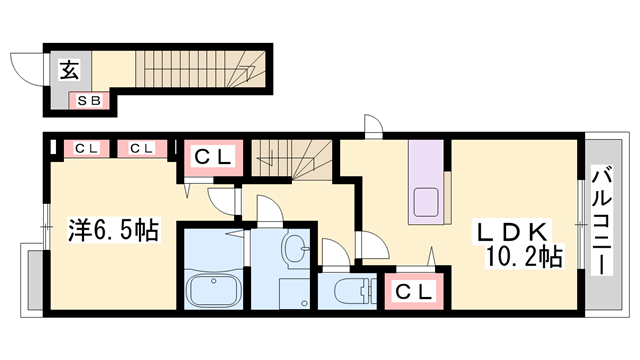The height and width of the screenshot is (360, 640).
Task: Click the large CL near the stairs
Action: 213,157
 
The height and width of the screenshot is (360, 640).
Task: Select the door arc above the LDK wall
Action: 372,126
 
